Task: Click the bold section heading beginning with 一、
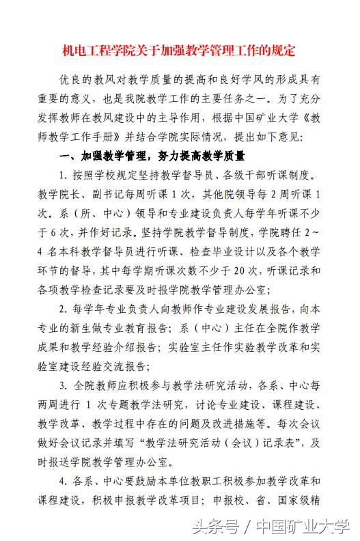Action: pos(152,155)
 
